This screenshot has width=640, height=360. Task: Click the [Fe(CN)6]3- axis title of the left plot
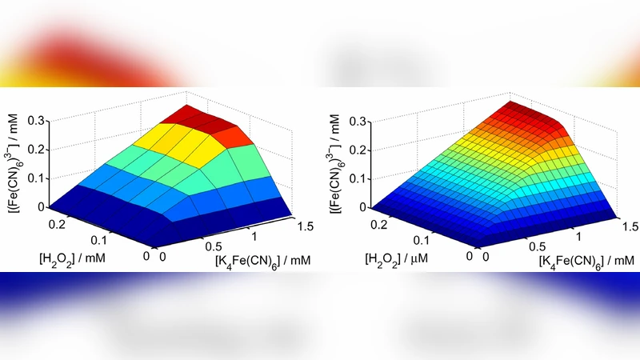point(11,152)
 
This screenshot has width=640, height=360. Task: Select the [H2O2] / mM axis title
point(70,258)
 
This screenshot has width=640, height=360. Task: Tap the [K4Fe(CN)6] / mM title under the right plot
point(577,260)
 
